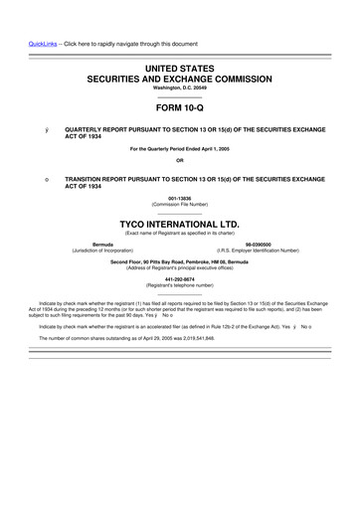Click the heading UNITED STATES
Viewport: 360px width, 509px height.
pos(179,65)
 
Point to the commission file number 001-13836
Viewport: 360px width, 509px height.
pos(179,198)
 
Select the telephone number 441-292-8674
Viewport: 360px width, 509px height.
pos(179,279)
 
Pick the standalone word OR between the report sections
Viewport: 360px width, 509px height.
pos(179,161)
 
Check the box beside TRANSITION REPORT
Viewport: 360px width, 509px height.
pos(34,179)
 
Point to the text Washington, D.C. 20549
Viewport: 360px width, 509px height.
pos(179,86)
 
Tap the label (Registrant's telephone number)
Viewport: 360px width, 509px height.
pos(179,285)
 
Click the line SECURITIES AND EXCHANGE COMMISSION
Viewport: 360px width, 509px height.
pos(179,76)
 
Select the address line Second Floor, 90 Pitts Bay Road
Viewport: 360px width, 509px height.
pos(179,261)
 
